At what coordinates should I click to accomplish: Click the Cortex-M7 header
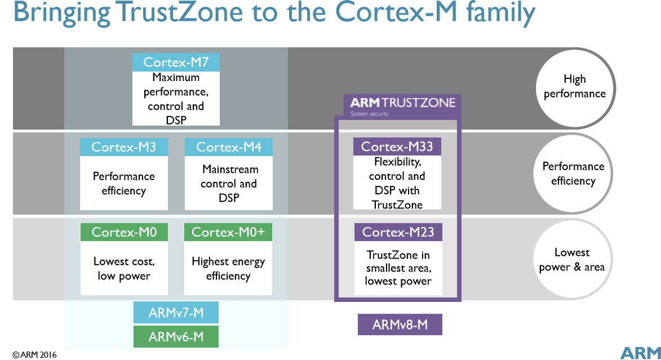click(176, 62)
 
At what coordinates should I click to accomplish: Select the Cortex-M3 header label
click(124, 147)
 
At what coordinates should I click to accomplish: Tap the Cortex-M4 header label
click(228, 147)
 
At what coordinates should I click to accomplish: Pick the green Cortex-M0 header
click(124, 232)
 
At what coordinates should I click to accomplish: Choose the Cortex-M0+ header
click(228, 232)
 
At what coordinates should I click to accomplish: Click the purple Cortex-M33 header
click(397, 146)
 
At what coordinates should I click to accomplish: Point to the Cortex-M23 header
click(398, 232)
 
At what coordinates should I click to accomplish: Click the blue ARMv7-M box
click(176, 312)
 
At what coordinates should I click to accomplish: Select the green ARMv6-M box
click(176, 337)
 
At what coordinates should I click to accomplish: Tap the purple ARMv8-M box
click(400, 325)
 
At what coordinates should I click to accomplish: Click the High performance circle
click(575, 88)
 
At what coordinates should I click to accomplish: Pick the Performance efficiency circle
click(573, 174)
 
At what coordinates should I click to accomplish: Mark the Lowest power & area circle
click(573, 259)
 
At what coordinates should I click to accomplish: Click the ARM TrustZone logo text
click(402, 103)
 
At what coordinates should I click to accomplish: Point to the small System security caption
click(369, 114)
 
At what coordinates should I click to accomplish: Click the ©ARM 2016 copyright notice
click(34, 354)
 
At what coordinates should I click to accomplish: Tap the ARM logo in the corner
click(640, 353)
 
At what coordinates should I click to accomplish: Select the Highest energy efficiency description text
click(228, 269)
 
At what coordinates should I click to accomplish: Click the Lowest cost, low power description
click(124, 269)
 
